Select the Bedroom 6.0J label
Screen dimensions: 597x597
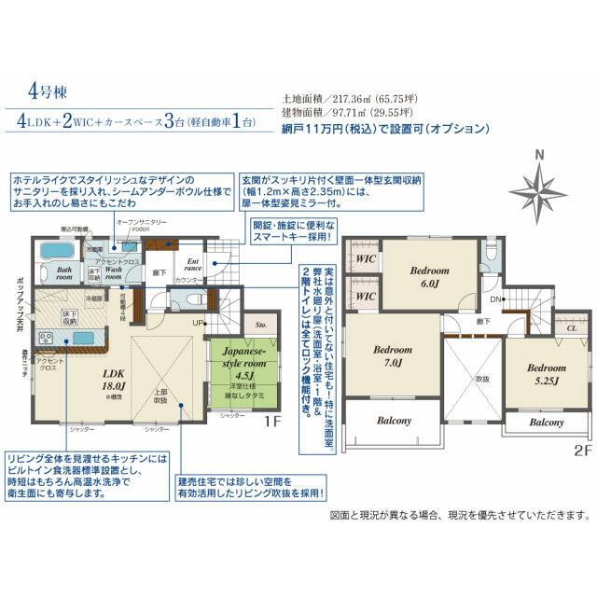429,277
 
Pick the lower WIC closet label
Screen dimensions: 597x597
365,296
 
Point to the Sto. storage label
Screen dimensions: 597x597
261,326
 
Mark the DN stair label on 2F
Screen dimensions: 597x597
497,299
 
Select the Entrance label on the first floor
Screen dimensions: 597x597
194,266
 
